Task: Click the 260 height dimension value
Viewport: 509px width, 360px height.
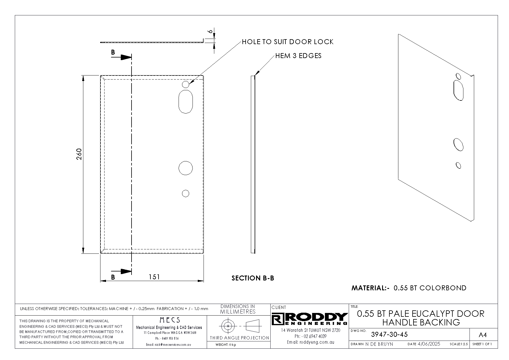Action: click(79, 154)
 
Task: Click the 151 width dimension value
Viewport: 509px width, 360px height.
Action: click(154, 277)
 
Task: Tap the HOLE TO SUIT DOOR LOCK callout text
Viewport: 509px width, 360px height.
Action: click(288, 42)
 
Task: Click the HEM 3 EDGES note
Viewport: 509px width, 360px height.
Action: click(298, 56)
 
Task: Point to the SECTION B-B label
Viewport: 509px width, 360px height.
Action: click(253, 278)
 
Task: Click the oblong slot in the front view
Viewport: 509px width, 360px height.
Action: click(186, 101)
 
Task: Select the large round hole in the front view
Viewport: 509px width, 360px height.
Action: click(186, 168)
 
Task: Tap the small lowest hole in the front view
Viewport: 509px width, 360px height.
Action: click(186, 193)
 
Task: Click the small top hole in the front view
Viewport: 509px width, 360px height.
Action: click(186, 84)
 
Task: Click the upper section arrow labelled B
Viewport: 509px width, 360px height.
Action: click(121, 57)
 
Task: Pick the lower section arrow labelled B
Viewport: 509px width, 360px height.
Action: click(121, 271)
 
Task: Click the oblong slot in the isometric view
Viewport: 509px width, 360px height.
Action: click(458, 90)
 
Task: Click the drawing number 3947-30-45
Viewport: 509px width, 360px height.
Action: click(389, 334)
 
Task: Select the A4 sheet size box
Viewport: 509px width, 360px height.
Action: click(482, 335)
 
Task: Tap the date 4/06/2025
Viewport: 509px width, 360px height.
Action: click(429, 344)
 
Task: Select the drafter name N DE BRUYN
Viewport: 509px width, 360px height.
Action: click(379, 344)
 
